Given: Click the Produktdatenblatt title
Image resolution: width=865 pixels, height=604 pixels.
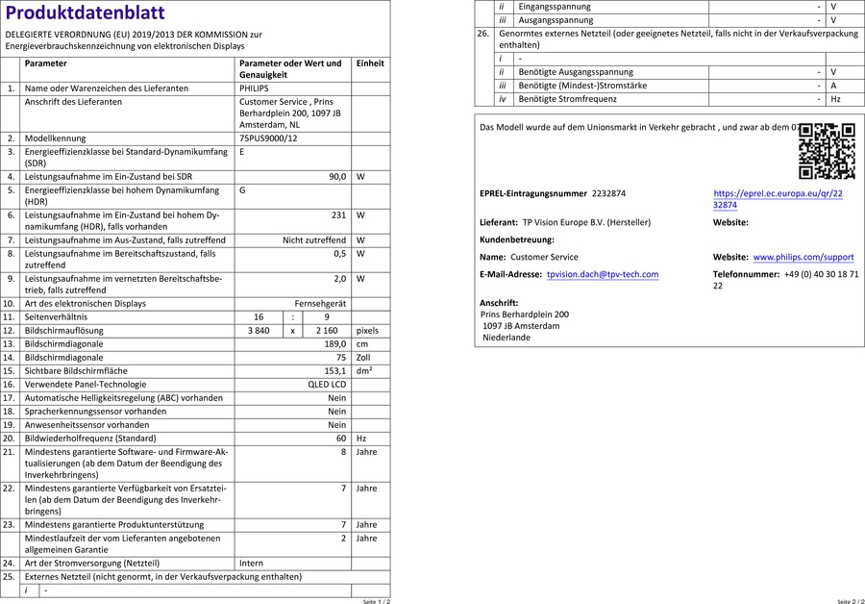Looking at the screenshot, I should (x=85, y=13).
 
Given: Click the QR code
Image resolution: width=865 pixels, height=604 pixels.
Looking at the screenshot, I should (x=827, y=151).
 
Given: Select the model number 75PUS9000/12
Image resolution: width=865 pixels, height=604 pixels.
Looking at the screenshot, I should (x=268, y=138).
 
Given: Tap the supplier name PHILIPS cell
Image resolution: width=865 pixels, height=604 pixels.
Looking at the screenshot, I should (x=255, y=88).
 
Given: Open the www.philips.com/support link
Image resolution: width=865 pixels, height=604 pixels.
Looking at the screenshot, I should (x=803, y=258).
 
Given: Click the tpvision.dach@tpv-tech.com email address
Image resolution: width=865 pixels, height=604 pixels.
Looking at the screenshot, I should (x=603, y=274).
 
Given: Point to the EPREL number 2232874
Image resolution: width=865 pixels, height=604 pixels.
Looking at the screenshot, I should (x=608, y=193).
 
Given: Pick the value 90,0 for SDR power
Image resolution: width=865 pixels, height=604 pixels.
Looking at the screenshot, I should (x=336, y=177).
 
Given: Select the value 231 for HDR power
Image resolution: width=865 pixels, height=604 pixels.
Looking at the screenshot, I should (x=338, y=215).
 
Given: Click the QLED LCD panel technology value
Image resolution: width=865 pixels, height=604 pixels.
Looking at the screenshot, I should (x=327, y=384).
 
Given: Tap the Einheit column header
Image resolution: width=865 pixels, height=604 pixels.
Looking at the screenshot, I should (x=370, y=63).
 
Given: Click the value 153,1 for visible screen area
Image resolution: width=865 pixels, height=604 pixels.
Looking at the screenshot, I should (x=334, y=370).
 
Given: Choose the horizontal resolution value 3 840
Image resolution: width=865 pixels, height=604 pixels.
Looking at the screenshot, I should (x=259, y=330).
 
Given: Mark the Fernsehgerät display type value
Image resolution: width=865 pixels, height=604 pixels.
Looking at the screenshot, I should (x=320, y=303).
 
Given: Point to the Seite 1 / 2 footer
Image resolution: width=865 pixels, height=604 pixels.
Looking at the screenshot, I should (x=376, y=600).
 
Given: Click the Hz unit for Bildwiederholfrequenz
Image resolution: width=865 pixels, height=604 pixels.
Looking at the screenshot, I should (x=361, y=438).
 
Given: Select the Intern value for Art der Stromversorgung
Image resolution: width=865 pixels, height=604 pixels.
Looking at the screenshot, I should (x=251, y=563).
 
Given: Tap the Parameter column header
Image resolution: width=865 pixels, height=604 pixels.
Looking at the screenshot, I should (x=46, y=63).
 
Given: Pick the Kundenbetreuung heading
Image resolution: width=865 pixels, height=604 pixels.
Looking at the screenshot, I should (x=516, y=239).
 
